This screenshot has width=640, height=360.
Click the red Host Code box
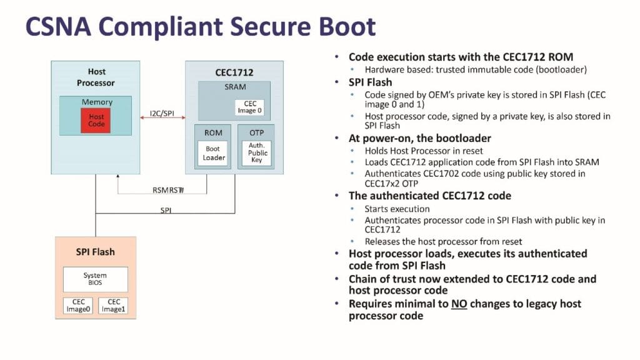point(96,120)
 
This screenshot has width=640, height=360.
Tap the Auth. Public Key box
point(257,153)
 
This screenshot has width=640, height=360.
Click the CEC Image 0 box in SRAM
point(251,107)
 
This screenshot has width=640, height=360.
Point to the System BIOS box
point(95,279)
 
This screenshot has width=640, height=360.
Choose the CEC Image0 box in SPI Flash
point(78,305)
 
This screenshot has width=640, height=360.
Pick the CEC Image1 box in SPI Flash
point(113,305)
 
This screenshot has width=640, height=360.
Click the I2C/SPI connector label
point(162,113)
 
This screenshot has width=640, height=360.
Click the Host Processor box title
point(96,77)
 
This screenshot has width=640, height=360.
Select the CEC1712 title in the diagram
point(234,72)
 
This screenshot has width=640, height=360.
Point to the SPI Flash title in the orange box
point(95,252)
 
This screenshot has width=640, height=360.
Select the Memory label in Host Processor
point(97,102)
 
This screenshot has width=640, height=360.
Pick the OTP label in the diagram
point(257,132)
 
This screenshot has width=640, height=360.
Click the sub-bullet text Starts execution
point(397,209)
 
